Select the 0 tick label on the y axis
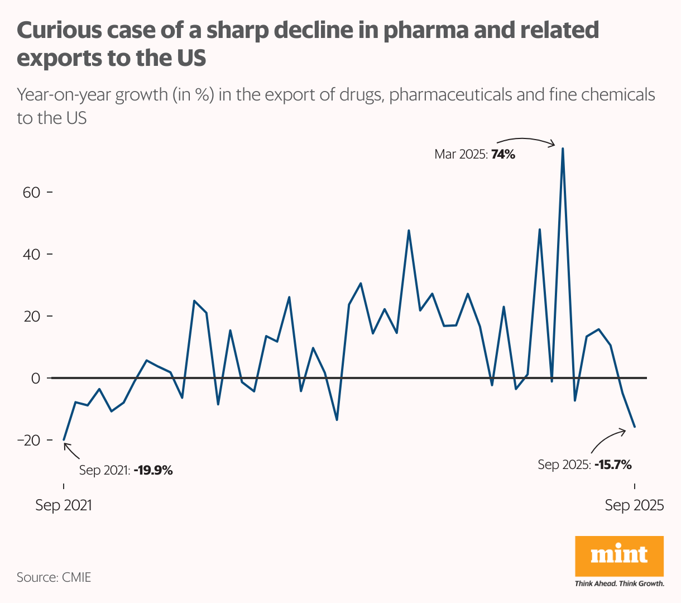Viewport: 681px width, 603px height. point(36,379)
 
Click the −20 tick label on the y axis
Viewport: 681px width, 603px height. point(28,441)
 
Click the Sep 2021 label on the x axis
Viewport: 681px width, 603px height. point(63,505)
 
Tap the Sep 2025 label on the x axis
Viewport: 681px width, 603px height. point(635,505)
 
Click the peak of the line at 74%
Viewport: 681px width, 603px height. point(563,149)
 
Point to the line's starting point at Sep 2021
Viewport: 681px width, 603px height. point(64,440)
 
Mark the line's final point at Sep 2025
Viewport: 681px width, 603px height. point(635,427)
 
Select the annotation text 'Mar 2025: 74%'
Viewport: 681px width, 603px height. point(474,155)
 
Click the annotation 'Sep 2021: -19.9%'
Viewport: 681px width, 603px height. point(126,470)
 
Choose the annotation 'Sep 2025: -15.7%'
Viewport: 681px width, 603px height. point(584,464)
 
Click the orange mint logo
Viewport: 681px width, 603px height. point(619,556)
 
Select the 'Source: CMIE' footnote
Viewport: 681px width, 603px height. point(54,577)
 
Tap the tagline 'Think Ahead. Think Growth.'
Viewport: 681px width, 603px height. point(619,583)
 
